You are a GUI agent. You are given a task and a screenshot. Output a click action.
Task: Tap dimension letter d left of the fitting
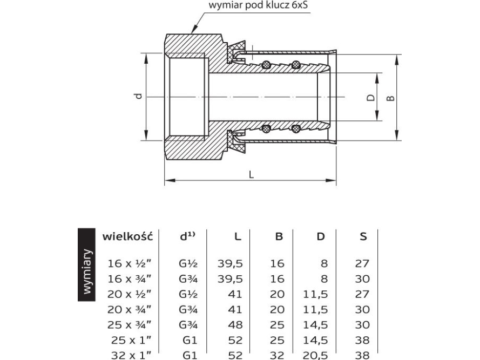pyautogui.click(x=139, y=96)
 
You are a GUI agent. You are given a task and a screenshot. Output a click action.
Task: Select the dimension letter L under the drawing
pyautogui.click(x=251, y=174)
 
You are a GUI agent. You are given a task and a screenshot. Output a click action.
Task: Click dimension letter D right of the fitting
pyautogui.click(x=370, y=98)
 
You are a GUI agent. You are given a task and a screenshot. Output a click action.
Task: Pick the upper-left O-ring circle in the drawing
pyautogui.click(x=266, y=65)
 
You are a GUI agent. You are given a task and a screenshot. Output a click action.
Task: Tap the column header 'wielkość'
pyautogui.click(x=128, y=236)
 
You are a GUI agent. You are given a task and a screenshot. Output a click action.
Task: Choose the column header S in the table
pyautogui.click(x=363, y=236)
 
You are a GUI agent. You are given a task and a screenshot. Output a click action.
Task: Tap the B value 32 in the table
pyautogui.click(x=276, y=355)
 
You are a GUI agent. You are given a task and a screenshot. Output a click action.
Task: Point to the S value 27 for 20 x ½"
pyautogui.click(x=362, y=294)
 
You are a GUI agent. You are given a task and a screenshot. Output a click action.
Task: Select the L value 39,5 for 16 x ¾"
pyautogui.click(x=231, y=279)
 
